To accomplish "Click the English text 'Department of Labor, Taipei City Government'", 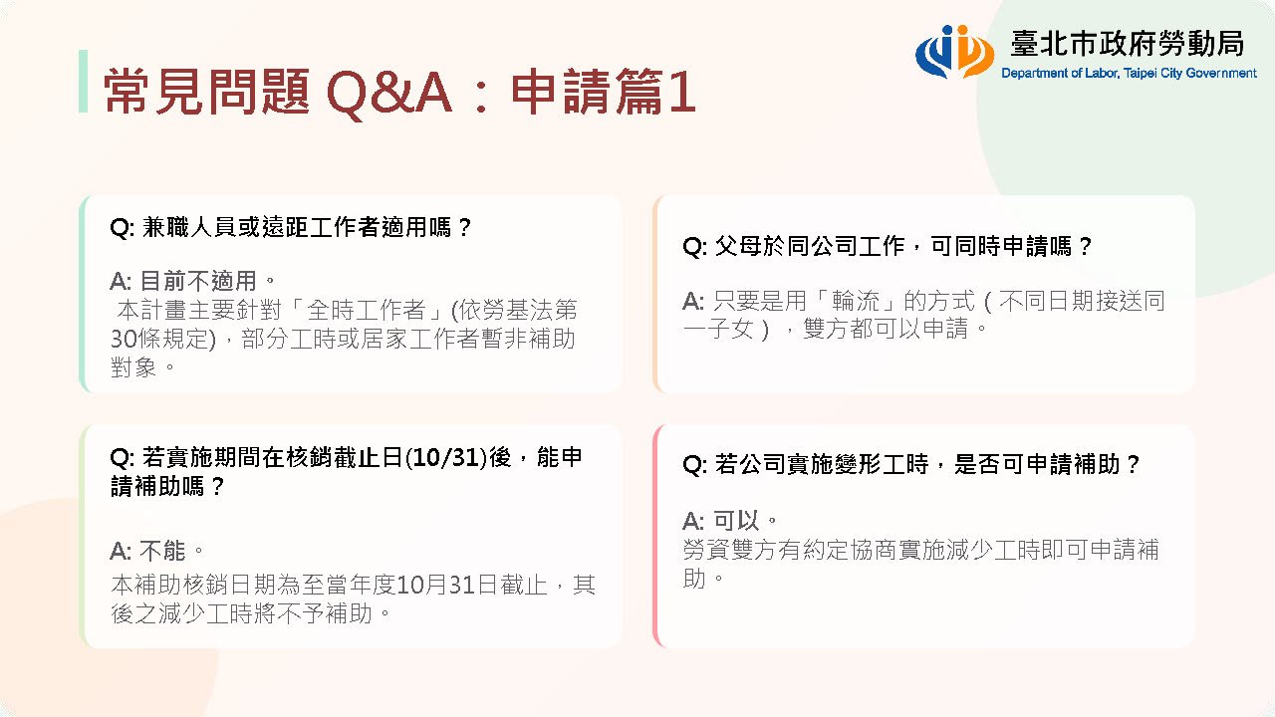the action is click(x=1129, y=74).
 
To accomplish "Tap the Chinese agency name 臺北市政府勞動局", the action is click(x=1127, y=43).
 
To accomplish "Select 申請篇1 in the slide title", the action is click(x=604, y=91).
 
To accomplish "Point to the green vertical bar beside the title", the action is click(x=83, y=81).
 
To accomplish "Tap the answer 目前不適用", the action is click(x=197, y=281).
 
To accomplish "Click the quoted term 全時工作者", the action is click(x=366, y=310).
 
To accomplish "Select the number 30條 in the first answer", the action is click(x=134, y=340).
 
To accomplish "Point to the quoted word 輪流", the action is click(x=856, y=301).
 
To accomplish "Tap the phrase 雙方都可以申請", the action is click(x=886, y=329).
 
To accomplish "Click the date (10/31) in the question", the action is click(x=446, y=457).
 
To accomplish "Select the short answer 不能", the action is click(x=162, y=551).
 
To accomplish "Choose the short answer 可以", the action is click(x=736, y=521).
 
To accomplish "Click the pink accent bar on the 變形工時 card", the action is click(x=656, y=536).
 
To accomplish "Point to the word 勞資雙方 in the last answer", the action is click(x=730, y=550).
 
